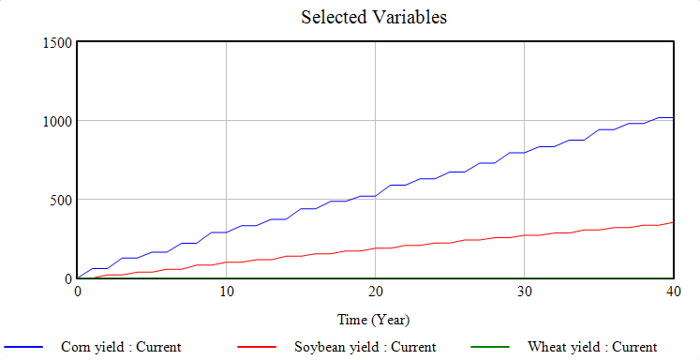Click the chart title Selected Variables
pos(374,17)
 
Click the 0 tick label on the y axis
pos(68,278)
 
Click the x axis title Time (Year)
pos(375,320)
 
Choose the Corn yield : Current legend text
pos(121,347)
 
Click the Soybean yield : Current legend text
pos(359,347)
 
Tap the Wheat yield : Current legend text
pos(592,347)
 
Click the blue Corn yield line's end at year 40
pos(673,117)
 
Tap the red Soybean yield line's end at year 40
pos(673,222)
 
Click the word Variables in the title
pos(410,17)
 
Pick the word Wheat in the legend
pos(546,347)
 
